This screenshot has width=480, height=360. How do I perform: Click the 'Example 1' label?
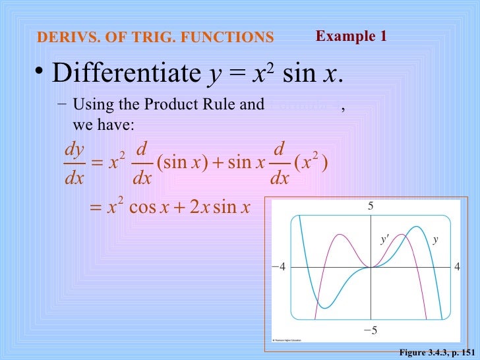pyautogui.click(x=351, y=36)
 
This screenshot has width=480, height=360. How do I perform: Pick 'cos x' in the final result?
pyautogui.click(x=150, y=209)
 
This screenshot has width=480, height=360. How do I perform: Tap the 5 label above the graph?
pyautogui.click(x=371, y=206)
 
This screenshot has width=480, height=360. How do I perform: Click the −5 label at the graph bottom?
pyautogui.click(x=371, y=330)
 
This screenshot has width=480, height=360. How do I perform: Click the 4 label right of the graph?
pyautogui.click(x=456, y=268)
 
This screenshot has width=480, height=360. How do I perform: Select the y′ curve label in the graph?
pyautogui.click(x=384, y=240)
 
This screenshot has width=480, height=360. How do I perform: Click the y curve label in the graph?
pyautogui.click(x=435, y=240)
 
